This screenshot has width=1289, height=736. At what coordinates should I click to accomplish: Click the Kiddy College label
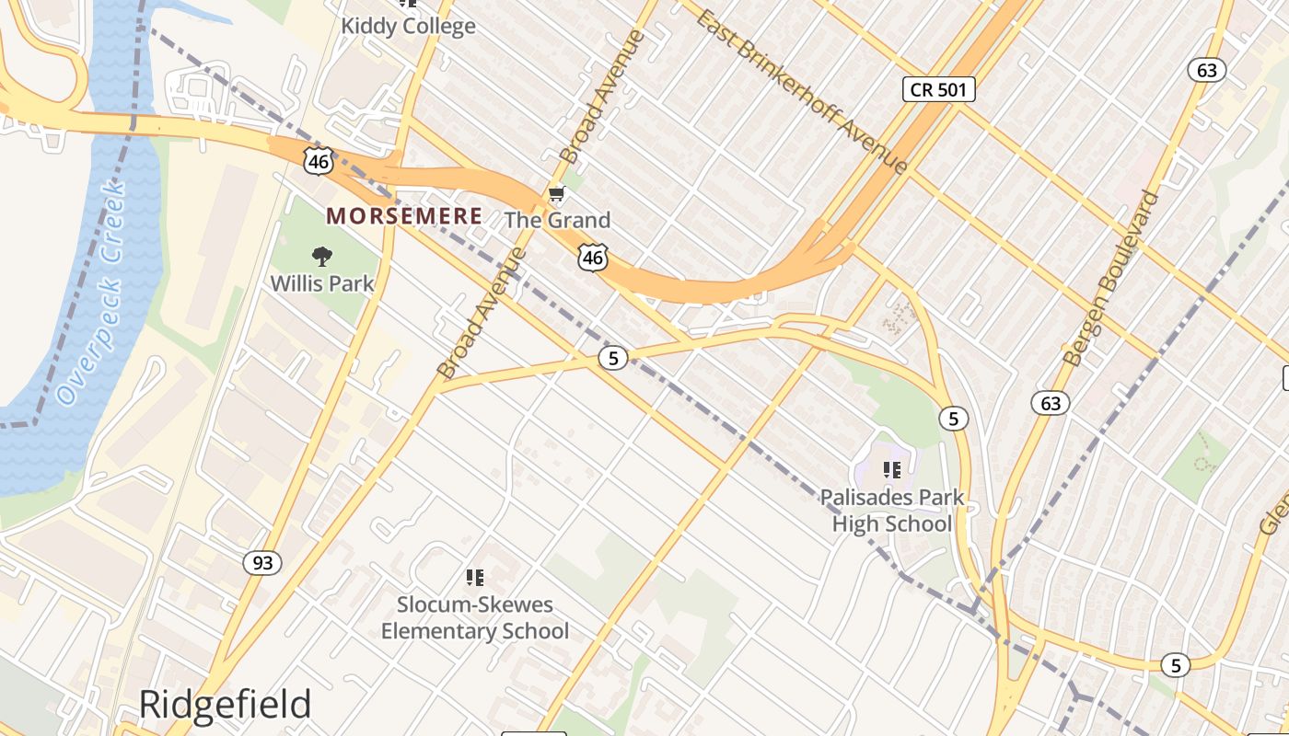point(408,26)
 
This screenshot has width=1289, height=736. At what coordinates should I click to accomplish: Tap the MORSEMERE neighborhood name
point(404,216)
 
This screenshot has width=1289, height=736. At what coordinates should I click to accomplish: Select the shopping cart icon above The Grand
point(555,194)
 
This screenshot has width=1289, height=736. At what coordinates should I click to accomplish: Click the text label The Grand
point(558,221)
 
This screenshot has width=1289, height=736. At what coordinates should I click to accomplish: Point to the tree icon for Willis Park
point(321,256)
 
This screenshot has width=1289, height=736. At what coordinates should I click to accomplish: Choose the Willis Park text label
point(322,282)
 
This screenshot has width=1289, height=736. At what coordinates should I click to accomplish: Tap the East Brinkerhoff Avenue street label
point(802,91)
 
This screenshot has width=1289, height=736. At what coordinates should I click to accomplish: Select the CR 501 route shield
point(937,89)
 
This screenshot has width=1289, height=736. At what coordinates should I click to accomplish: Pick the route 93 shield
point(262,562)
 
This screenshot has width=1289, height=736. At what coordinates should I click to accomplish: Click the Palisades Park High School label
point(892,511)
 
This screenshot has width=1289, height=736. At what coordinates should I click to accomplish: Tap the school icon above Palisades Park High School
point(891,470)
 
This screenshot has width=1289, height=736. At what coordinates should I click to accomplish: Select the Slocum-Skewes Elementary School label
point(475,617)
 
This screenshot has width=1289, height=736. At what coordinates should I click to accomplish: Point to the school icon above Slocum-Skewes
point(475,578)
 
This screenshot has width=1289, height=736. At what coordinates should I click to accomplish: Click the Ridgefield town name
point(225,705)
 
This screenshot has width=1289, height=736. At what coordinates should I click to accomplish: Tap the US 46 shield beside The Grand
point(593,259)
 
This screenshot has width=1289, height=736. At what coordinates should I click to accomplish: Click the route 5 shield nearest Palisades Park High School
point(953,419)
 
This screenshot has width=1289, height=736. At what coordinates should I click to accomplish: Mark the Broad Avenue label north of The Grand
point(603,96)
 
